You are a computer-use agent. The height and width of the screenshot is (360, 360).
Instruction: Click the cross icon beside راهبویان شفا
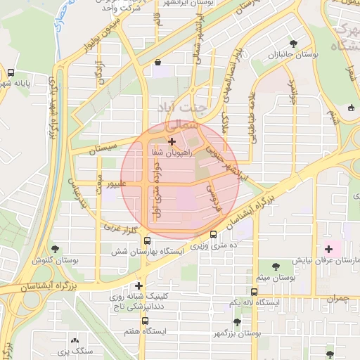coord(172,141)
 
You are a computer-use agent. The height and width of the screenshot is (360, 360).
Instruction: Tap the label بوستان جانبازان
coord(290,54)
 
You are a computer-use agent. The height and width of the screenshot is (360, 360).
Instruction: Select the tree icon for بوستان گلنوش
coord(56,250)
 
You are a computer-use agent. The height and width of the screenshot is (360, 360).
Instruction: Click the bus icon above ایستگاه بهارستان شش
coord(146,240)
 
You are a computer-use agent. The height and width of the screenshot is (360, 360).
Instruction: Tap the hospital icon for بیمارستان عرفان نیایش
coord(328,249)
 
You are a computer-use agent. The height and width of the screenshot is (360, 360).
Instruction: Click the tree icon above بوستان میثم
coord(274,266)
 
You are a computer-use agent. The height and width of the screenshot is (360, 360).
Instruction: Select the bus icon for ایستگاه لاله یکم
coord(254,291)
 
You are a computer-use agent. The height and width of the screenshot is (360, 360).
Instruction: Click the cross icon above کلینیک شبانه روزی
coord(139,285)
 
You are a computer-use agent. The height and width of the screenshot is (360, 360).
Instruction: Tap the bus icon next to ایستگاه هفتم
coord(144,330)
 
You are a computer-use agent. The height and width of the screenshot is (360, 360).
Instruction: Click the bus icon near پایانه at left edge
coord(11,72)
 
